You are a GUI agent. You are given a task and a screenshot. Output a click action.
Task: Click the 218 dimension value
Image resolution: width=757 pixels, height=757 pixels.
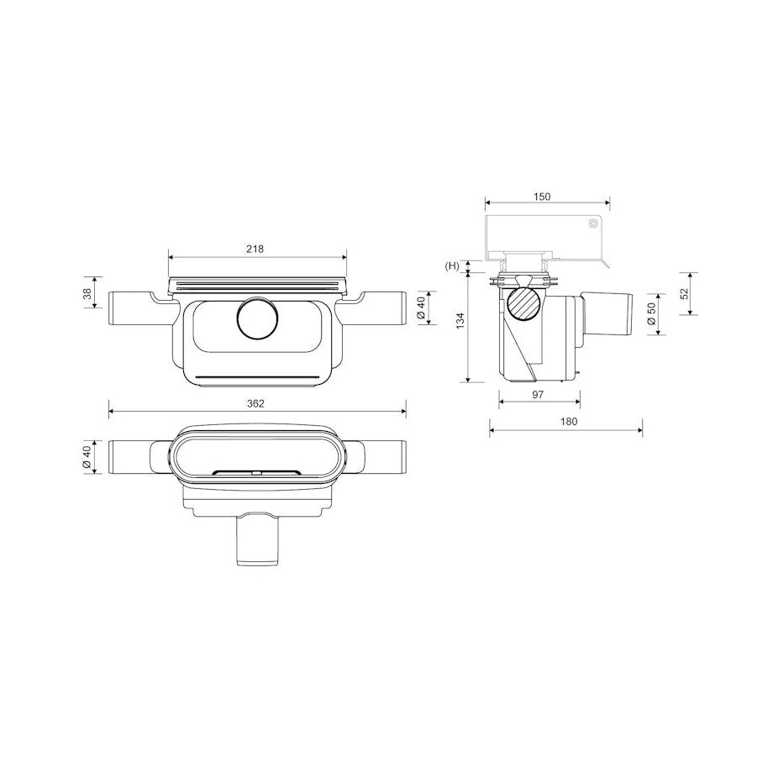[x=255, y=250]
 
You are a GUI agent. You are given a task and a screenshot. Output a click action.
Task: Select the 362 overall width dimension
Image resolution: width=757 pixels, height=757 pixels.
[x=255, y=403]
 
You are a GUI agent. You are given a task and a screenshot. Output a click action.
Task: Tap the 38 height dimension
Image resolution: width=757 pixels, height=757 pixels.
[x=88, y=292]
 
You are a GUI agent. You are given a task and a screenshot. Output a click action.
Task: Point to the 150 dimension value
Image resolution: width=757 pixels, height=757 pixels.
[x=542, y=197]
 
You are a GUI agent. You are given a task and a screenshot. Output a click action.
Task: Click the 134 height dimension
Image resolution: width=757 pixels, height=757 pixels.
[x=460, y=321]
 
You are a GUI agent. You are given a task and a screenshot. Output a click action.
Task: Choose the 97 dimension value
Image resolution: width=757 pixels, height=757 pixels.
[x=538, y=394]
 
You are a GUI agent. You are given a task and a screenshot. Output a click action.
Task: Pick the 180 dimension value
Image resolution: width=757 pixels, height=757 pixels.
[x=569, y=422]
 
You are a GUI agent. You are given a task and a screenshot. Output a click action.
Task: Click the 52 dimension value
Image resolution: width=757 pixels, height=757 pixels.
[x=685, y=293]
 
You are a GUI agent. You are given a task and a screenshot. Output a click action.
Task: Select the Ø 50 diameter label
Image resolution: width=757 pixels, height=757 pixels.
[x=652, y=314]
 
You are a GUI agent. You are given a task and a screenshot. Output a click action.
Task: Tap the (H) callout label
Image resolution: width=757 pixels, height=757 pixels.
[x=452, y=265]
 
